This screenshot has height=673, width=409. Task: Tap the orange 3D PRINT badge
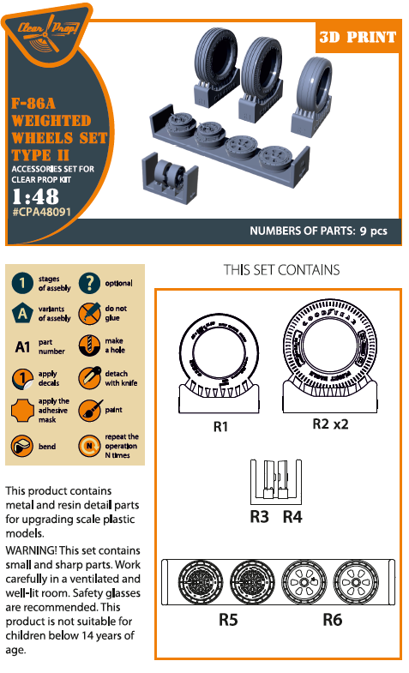click(357, 37)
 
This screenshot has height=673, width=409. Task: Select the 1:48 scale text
click(35, 195)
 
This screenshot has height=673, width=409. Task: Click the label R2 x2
click(331, 424)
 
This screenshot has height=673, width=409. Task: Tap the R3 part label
click(260, 516)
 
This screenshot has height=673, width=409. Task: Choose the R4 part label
click(292, 516)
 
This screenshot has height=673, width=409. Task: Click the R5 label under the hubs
click(227, 619)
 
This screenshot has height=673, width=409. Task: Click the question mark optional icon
click(89, 284)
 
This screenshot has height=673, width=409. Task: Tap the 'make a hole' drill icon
click(89, 346)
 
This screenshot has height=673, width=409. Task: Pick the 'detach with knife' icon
click(89, 377)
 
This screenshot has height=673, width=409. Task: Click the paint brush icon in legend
click(89, 410)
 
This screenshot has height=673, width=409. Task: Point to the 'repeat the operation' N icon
click(89, 447)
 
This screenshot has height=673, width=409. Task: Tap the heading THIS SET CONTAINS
click(281, 270)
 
